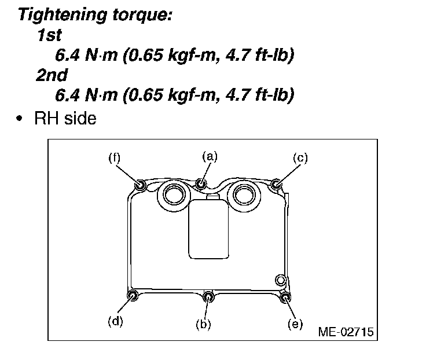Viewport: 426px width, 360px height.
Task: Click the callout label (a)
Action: pyautogui.click(x=210, y=156)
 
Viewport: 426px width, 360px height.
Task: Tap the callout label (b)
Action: pyautogui.click(x=203, y=325)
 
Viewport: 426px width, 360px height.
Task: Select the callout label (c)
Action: pyautogui.click(x=299, y=157)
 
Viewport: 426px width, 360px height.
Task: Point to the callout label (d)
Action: pyautogui.click(x=116, y=322)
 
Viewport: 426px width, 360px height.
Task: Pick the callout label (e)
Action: pyautogui.click(x=295, y=324)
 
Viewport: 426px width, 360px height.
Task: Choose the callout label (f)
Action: pyautogui.click(x=115, y=157)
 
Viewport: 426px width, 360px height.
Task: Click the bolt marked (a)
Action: pyautogui.click(x=201, y=183)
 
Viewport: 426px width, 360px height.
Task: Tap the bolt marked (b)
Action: pyautogui.click(x=210, y=297)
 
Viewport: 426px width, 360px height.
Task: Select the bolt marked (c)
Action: pyautogui.click(x=277, y=185)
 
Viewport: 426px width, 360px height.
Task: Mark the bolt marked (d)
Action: pyautogui.click(x=133, y=296)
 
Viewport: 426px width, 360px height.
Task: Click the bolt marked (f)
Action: pyautogui.click(x=140, y=185)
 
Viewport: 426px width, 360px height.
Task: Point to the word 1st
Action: pyautogui.click(x=50, y=36)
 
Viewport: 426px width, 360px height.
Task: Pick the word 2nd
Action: pyautogui.click(x=52, y=75)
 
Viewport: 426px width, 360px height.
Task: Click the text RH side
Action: pyautogui.click(x=65, y=119)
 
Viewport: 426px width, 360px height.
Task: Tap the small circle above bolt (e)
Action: pyautogui.click(x=281, y=280)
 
